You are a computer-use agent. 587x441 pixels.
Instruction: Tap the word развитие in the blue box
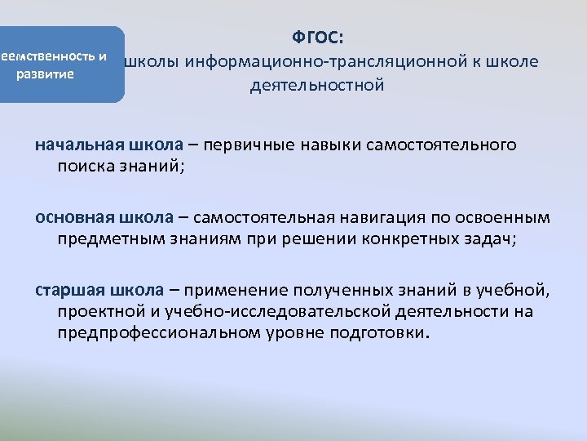coord(46,73)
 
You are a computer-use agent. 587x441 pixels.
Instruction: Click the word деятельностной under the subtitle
coord(317,86)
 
